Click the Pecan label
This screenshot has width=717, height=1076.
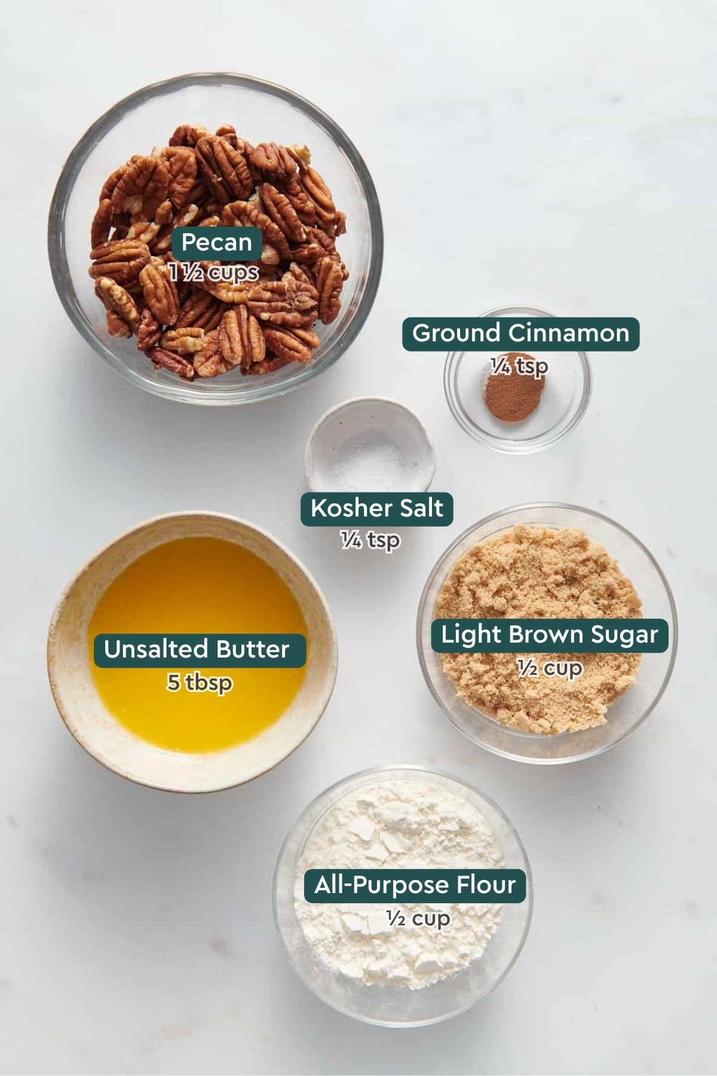click(x=216, y=243)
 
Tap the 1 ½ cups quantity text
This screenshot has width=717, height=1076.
click(x=213, y=273)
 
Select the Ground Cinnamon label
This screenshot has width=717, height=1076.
click(x=520, y=333)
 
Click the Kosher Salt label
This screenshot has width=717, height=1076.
click(x=376, y=509)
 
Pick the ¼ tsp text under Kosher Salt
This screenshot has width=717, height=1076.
click(x=370, y=540)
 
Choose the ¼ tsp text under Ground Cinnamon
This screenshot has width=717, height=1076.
click(x=519, y=366)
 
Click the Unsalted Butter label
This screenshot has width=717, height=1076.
click(x=197, y=650)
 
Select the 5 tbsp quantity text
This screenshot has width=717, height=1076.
click(x=200, y=683)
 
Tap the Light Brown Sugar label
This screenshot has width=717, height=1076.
click(x=549, y=635)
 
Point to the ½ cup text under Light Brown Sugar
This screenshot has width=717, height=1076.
click(x=550, y=668)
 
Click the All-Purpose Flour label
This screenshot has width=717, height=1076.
click(x=415, y=885)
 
